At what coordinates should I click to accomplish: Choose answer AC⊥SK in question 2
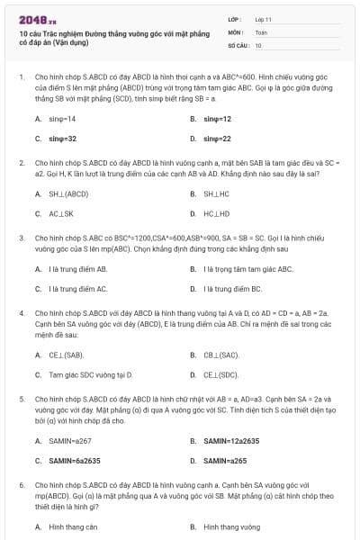click(x=61, y=213)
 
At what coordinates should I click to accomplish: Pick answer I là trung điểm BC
click(x=233, y=288)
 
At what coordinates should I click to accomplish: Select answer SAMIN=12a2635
click(x=231, y=440)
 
